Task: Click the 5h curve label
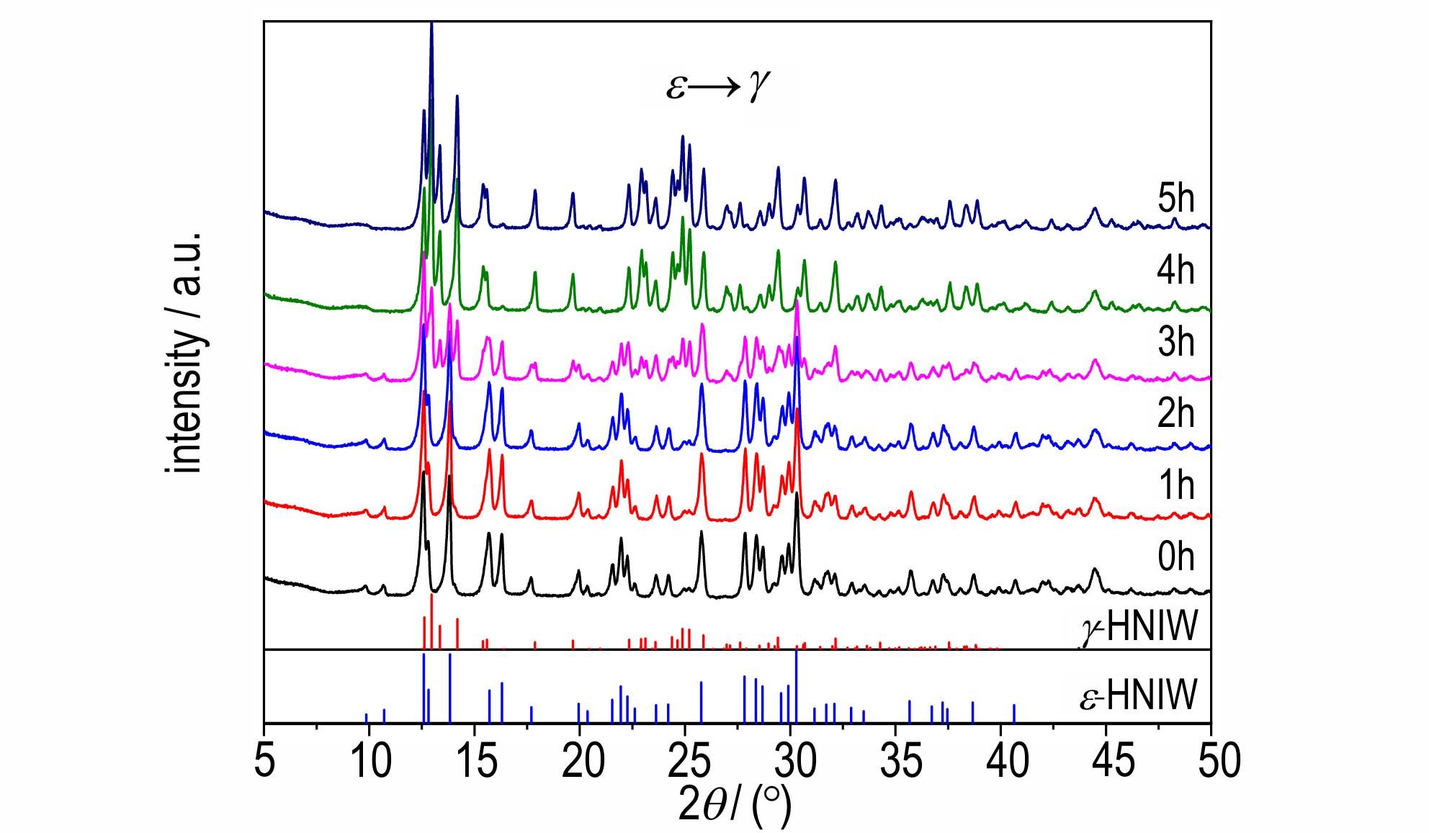click(1175, 199)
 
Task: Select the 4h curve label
click(1175, 271)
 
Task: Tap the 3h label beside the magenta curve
click(1175, 342)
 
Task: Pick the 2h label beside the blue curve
click(1175, 414)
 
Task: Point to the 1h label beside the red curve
click(1175, 486)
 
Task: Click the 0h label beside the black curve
click(1175, 558)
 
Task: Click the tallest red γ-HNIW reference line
click(431, 621)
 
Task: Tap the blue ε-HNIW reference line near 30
click(796, 686)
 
